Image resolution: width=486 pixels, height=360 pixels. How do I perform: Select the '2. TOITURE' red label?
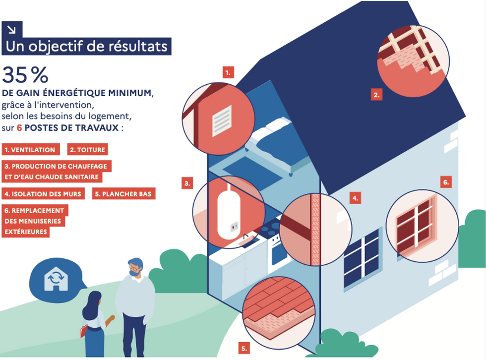point(87,150)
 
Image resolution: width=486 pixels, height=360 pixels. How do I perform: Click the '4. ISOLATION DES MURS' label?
point(43,194)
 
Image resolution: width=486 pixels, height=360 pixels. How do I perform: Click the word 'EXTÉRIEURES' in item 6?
point(26,232)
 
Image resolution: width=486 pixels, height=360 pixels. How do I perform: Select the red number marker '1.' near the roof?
point(228,73)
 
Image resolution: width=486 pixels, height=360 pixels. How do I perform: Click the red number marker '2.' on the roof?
point(377,94)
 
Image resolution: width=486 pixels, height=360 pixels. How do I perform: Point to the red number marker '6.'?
point(446,182)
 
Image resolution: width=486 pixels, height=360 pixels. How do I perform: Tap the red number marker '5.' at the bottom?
point(244,349)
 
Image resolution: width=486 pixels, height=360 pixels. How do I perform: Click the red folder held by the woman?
point(83,331)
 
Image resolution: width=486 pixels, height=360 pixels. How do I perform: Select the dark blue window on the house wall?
point(362,258)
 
